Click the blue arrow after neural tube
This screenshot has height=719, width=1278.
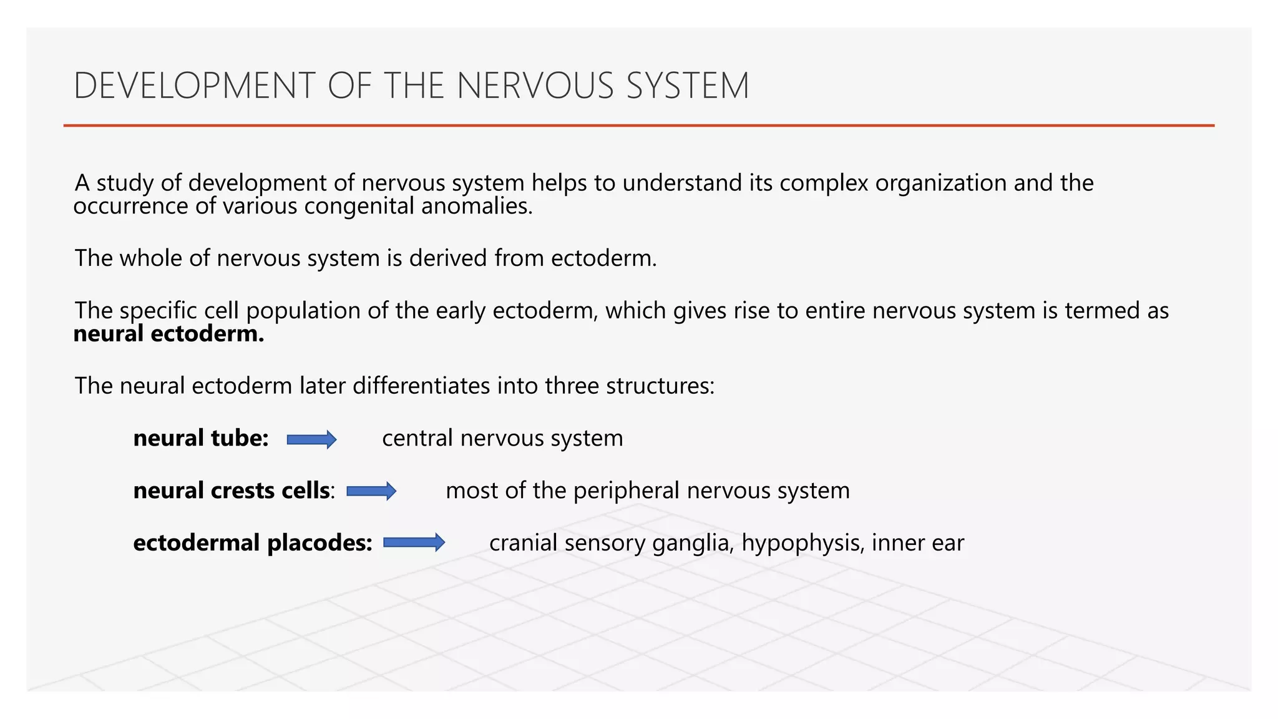point(311,439)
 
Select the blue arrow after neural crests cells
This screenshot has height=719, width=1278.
point(371,491)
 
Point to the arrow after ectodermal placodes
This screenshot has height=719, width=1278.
point(414,542)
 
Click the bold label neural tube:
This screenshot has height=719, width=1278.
point(201,438)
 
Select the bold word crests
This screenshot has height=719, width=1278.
point(243,491)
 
